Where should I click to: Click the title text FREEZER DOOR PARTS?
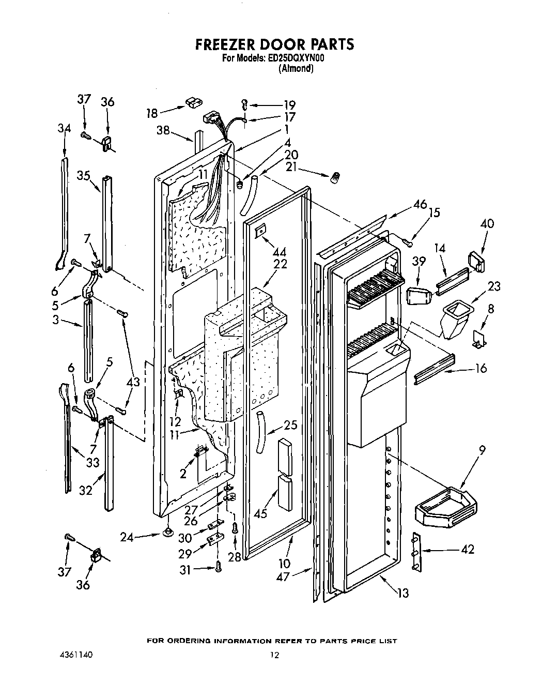tap(274, 44)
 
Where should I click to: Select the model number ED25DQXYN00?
tap(296, 59)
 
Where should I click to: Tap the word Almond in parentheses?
tap(296, 69)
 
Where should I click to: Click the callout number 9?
tap(482, 450)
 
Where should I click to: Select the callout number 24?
tap(127, 537)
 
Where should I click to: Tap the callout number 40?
tap(487, 224)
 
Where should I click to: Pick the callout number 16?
tap(481, 369)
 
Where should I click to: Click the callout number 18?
tap(152, 113)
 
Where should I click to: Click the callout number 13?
tap(402, 593)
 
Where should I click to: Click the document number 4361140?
tap(79, 655)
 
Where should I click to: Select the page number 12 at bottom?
tap(274, 655)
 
